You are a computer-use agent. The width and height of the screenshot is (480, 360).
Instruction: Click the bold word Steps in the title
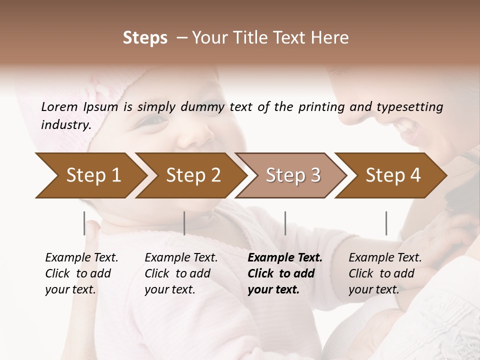(145, 38)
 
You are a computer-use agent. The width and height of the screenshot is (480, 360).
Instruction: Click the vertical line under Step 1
(84, 223)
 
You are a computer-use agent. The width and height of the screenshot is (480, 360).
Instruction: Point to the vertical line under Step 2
(184, 223)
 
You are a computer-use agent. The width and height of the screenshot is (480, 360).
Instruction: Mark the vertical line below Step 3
(285, 223)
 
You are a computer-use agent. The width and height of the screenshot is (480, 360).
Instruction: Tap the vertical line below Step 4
(386, 223)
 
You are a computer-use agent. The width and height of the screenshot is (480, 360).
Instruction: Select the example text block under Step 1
(81, 273)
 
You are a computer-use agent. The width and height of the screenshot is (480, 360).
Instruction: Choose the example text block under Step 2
(181, 273)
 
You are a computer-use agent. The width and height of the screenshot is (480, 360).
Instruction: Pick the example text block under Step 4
(385, 273)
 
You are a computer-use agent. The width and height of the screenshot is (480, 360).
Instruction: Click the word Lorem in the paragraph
(59, 106)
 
